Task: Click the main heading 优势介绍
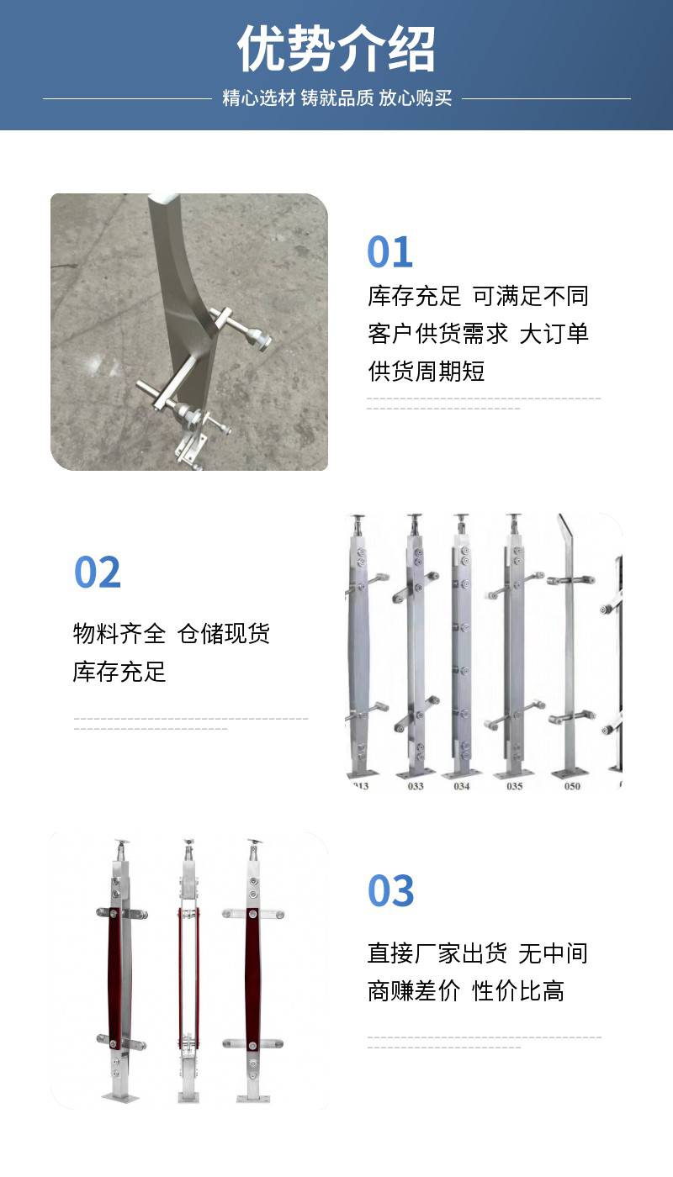[336, 49]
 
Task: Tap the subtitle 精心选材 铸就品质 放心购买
[337, 98]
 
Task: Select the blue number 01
[389, 251]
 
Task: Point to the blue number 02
[98, 573]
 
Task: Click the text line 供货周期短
[426, 372]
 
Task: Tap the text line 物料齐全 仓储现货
[172, 634]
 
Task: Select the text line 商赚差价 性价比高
[466, 991]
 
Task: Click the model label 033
[416, 786]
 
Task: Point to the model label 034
[462, 786]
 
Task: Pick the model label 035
[514, 786]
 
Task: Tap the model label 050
[572, 786]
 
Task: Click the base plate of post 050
[569, 774]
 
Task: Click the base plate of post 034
[462, 773]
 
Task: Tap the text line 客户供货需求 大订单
[478, 334]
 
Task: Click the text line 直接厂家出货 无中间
[478, 953]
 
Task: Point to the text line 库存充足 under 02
[119, 672]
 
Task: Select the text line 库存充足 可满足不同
[478, 296]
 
